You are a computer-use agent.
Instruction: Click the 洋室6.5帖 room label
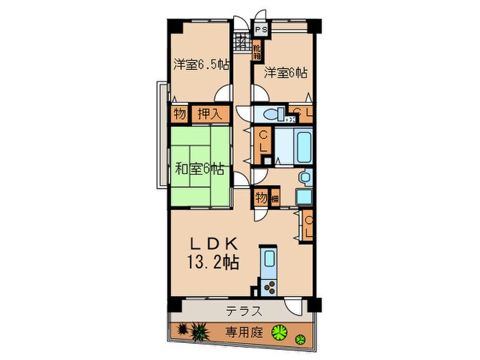(x=200, y=64)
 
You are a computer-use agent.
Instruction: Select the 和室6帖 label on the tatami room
(x=198, y=167)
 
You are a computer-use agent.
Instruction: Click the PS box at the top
(x=261, y=30)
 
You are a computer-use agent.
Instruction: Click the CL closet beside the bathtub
(x=263, y=145)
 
